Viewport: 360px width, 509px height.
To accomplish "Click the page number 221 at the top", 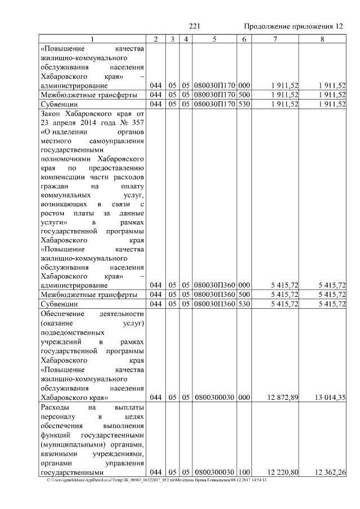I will [x=195, y=26].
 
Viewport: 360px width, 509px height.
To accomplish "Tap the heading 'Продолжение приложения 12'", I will [x=294, y=26].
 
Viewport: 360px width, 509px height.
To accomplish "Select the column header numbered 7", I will [x=274, y=39].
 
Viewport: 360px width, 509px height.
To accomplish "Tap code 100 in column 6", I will [x=244, y=472].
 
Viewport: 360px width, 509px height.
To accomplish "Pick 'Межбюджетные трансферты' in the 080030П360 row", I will [x=88, y=295].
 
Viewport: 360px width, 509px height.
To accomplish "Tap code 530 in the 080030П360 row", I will [x=244, y=304].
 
